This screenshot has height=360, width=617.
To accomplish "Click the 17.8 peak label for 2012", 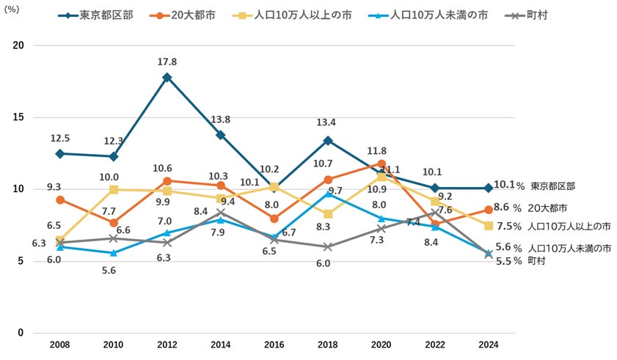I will pos(167,62).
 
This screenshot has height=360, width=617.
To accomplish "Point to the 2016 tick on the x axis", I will pos(274,344).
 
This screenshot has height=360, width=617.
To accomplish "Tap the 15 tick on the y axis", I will pos(18,117).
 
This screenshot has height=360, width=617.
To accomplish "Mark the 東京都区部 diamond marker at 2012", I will pos(167,77).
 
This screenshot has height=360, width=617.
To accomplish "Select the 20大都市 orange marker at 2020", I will pos(381,164).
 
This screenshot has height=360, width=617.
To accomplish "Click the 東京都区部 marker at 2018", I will pos(327,140).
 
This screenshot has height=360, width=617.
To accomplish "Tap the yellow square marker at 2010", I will pos(114,190).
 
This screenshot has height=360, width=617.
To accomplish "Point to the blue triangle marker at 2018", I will pos(327,194).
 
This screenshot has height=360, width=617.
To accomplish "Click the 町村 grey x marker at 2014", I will pos(220,213).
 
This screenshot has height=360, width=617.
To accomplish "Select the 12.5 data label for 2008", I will pos(60,138).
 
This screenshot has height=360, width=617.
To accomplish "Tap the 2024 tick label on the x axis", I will pos(488,344).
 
